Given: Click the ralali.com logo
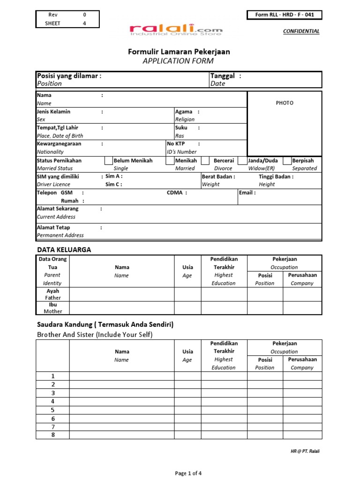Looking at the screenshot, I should click(176, 30).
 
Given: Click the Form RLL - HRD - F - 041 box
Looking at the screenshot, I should click(285, 15).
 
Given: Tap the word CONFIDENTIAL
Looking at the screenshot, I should click(301, 31).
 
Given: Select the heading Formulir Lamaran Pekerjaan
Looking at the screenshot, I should click(179, 52).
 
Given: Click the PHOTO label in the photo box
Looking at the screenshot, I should click(285, 103).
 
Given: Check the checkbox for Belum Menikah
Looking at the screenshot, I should click(108, 161).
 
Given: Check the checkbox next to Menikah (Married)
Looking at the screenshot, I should click(170, 161).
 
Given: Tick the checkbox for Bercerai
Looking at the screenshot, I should click(205, 161).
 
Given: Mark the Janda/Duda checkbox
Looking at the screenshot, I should click(242, 161).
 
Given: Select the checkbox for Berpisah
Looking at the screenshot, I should click(287, 161).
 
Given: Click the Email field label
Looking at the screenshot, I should click(247, 193).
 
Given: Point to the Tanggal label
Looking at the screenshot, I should click(223, 76).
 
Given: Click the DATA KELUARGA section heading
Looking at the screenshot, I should click(64, 250).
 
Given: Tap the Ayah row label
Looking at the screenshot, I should click(52, 291).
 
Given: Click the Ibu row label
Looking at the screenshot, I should click(52, 305).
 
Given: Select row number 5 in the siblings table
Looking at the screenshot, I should click(53, 410).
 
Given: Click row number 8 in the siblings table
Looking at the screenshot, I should click(53, 435).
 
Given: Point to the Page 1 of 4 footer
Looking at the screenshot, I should click(188, 473).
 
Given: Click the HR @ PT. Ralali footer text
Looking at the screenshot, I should click(306, 451).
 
